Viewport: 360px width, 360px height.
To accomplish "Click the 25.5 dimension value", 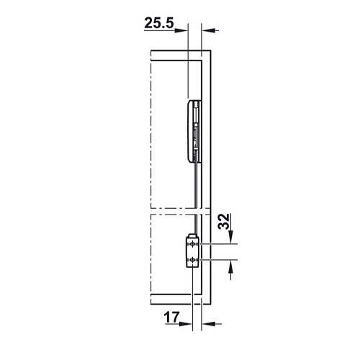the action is click(159, 23).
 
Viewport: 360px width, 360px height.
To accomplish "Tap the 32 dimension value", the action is click(224, 221).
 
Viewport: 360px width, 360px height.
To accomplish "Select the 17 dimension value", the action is click(171, 318).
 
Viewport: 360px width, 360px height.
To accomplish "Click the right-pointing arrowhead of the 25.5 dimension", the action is click(181, 30).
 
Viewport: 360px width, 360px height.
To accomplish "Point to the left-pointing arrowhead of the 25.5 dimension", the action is click(207, 30).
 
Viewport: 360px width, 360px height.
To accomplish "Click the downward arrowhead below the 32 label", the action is click(230, 237).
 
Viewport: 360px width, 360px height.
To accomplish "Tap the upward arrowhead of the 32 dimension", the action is click(230, 266).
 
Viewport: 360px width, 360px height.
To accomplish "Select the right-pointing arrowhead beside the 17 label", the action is click(186, 324).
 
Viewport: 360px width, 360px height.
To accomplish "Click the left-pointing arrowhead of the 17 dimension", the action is click(208, 324).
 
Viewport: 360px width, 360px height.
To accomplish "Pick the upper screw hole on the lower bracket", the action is click(192, 244).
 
